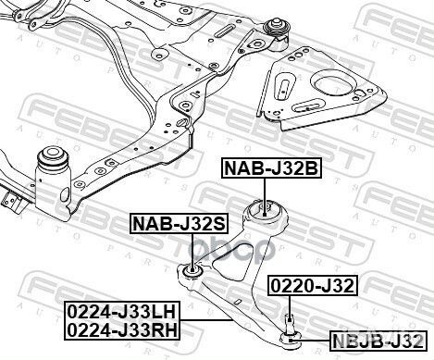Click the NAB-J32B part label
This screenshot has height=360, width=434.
pos(272,168)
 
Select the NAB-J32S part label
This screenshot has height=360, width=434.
pos(180,223)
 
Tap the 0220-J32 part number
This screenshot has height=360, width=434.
pos(313,285)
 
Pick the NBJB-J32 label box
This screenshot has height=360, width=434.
pos(378,341)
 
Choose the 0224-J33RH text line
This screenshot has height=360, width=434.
pos(122,329)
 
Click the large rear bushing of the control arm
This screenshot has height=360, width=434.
pos(264,210)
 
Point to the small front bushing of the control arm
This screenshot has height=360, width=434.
pos(192,271)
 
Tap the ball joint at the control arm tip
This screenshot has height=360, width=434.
pos(290,338)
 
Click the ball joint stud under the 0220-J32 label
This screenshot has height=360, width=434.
pos(290,323)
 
